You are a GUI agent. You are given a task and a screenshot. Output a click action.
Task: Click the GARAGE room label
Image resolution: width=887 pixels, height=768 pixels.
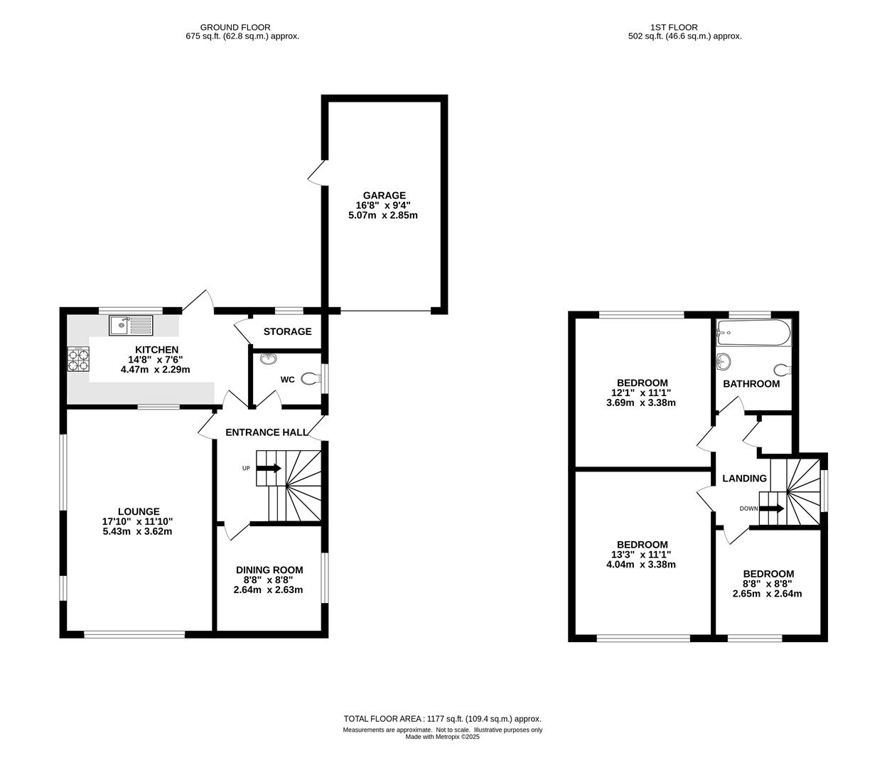click(x=384, y=196)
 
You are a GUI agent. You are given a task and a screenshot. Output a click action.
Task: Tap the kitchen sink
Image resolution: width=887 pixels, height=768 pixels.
click(x=131, y=325)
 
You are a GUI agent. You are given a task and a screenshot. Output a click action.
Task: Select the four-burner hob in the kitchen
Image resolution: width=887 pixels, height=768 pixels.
click(x=78, y=359)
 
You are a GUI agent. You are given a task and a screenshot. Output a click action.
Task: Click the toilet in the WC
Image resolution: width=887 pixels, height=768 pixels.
click(x=311, y=378)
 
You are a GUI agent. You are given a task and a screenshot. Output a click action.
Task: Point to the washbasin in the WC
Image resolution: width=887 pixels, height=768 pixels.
click(x=269, y=358)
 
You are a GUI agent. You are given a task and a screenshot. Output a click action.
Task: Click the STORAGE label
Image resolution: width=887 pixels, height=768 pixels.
click(x=288, y=331)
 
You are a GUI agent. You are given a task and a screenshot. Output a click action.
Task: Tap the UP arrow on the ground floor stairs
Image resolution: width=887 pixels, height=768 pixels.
click(x=269, y=468)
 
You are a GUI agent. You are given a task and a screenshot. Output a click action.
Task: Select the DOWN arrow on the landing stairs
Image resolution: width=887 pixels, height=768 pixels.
click(x=772, y=508)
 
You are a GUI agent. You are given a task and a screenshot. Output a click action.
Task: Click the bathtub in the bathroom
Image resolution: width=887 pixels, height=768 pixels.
click(x=754, y=332)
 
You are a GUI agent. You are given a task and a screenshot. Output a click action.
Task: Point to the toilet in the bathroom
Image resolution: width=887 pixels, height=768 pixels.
click(x=783, y=370)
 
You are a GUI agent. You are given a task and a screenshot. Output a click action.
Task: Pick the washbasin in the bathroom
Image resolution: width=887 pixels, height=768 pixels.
click(x=723, y=361)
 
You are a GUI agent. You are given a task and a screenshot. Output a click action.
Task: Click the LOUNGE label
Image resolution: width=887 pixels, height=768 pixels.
click(x=139, y=511)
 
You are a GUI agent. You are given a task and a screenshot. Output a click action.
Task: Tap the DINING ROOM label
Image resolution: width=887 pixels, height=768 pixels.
click(x=269, y=570)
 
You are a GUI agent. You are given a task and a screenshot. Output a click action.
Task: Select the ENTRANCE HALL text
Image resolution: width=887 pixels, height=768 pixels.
click(x=267, y=432)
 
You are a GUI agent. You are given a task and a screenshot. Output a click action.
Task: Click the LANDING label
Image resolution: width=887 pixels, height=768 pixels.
click(x=745, y=479)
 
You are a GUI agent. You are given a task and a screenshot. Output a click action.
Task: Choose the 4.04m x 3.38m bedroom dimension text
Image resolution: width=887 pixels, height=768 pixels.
click(x=641, y=564)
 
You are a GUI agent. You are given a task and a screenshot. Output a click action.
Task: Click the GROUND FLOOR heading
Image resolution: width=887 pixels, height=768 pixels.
click(x=235, y=28)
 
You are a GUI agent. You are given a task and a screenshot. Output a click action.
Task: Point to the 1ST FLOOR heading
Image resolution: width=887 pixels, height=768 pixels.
click(x=674, y=28)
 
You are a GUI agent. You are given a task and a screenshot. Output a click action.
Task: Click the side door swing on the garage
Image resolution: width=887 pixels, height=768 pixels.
click(x=316, y=174)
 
